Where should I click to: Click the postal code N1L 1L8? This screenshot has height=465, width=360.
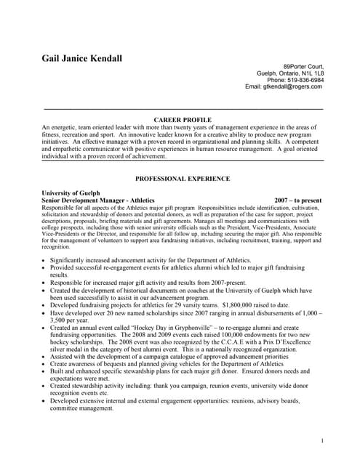(313, 73)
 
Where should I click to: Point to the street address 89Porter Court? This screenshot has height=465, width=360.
(303, 66)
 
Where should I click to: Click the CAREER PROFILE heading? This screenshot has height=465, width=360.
(183, 118)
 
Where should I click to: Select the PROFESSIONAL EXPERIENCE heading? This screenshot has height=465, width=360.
(183, 178)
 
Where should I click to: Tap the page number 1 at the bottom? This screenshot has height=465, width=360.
(321, 441)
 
